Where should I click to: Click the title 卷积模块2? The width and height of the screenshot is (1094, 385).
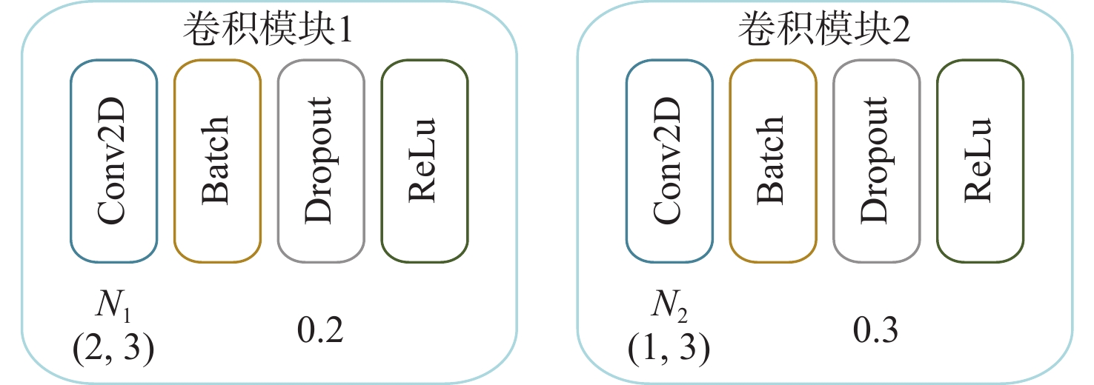click(x=823, y=31)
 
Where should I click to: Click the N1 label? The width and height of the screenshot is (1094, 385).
click(x=112, y=305)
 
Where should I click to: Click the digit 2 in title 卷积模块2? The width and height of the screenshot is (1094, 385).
click(x=898, y=32)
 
